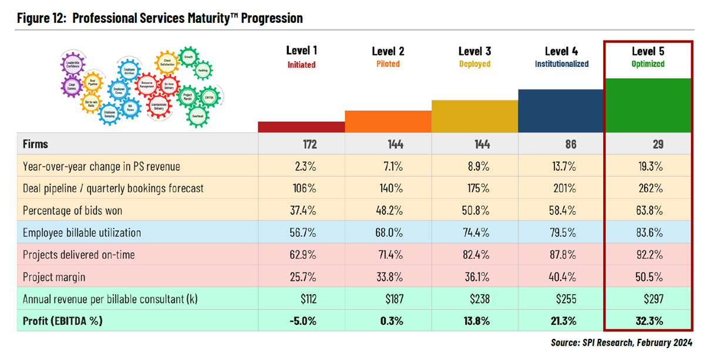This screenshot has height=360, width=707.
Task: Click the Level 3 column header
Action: pos(474,51)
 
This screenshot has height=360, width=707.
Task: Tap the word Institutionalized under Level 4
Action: pos(561,64)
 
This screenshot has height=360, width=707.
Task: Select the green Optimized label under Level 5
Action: pos(648,64)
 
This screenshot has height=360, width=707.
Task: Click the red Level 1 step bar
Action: pos(301,127)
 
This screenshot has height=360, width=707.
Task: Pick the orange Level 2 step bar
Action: pos(388,122)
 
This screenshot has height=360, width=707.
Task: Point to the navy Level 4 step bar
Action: pos(561,111)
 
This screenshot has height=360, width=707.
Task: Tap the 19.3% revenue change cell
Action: pos(651,167)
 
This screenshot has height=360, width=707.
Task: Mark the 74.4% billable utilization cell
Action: pos(477,233)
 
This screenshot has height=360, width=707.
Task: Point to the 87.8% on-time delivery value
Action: pos(564,255)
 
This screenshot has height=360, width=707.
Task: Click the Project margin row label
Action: pos(53,277)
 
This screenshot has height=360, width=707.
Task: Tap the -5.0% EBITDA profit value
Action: pos(304,321)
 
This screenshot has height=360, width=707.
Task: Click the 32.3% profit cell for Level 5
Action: pos(649,321)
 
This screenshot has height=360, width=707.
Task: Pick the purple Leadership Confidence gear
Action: pos(74,63)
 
